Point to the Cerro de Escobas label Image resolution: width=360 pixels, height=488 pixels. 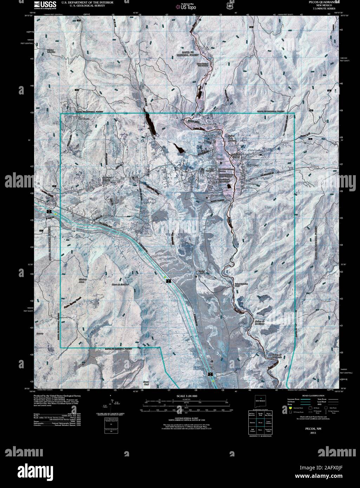[x=118, y=284]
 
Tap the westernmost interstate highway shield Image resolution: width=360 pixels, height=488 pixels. [x=48, y=212]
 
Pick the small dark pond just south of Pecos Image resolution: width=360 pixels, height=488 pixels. [x=229, y=186]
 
